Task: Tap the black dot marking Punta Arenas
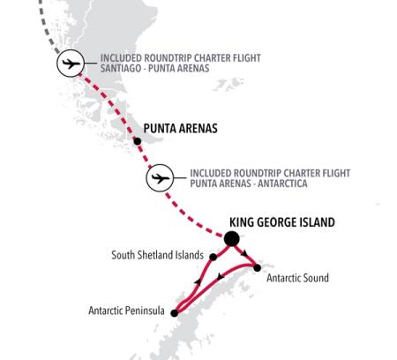(x=137, y=140)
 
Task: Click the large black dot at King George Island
(x=232, y=238)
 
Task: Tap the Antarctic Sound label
(x=296, y=279)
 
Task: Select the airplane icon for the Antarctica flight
(x=159, y=179)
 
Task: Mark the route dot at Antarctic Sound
(x=257, y=267)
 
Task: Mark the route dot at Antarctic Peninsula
(x=175, y=311)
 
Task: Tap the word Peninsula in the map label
(x=147, y=311)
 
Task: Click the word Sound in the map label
(x=314, y=279)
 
